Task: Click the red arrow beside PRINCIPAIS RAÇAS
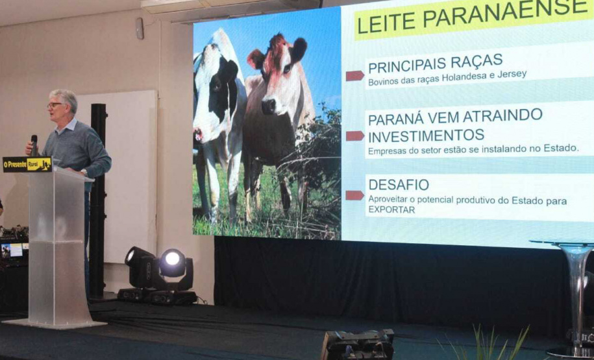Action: coord(354,76)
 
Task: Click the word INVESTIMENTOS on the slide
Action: coord(426,136)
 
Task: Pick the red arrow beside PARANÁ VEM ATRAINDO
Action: coord(354,136)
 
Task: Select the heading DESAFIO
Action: coord(399,184)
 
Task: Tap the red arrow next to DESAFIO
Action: coord(354,195)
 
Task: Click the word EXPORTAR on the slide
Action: coord(391,210)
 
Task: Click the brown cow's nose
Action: coord(269,106)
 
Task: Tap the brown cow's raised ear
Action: coord(299,49)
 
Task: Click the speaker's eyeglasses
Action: coord(55,104)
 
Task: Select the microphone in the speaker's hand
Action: coord(34,144)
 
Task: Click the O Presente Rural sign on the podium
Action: coord(27,164)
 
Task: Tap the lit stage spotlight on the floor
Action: coord(173,260)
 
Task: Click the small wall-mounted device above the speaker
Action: coord(140,28)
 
